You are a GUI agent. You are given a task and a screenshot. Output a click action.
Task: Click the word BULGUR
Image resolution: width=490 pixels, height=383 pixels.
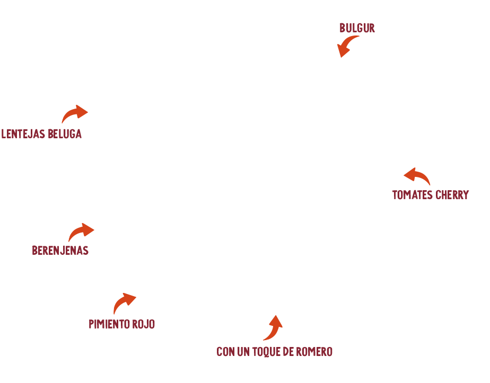coord(357,28)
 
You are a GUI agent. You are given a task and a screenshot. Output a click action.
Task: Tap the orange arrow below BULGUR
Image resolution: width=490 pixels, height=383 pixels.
coord(346,47)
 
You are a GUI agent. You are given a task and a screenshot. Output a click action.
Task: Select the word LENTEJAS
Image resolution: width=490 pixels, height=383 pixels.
coord(23,134)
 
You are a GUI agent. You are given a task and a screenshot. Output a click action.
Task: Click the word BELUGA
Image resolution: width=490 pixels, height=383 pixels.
coord(65,134)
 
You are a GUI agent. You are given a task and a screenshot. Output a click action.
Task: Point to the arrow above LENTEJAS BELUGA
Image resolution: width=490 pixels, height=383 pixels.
coord(76,114)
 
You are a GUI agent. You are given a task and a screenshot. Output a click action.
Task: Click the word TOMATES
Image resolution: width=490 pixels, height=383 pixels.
coord(412,195)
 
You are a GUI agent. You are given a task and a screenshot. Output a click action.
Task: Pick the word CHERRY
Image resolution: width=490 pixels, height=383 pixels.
coord(452,195)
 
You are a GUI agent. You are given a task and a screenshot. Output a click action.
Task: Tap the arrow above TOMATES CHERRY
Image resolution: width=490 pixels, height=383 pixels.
coord(417,176)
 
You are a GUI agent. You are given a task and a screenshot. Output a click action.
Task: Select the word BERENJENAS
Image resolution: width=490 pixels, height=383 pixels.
coord(60,251)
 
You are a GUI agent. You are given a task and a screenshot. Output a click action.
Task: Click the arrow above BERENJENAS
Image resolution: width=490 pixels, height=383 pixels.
coord(82,232)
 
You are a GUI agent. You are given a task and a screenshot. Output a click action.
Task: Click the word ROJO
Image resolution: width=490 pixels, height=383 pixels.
coord(144,324)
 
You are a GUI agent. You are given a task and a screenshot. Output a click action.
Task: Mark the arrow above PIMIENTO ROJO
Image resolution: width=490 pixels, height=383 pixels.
coord(124,304)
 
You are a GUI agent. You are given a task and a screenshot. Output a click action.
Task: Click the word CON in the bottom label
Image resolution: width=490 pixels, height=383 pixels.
coord(226,352)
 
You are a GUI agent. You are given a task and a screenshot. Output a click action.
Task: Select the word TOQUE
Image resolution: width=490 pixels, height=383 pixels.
coord(273,352)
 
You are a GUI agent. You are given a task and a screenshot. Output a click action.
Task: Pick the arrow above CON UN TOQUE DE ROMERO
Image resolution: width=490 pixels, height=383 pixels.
coord(273,327)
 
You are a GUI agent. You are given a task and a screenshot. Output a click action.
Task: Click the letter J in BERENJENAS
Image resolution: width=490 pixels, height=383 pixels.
coord(62,251)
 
